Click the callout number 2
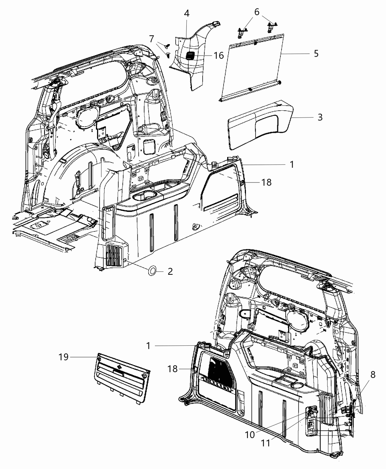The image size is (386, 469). pos(170,272)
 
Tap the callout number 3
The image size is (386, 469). pos(320,117)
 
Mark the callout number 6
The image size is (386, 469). pos(256,11)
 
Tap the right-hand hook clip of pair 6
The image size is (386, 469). pos(272,27)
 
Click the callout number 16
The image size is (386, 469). pos(218,55)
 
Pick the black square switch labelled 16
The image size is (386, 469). pos(191,56)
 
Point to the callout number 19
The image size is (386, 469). pos(64,357)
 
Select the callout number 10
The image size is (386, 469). pos(250,434)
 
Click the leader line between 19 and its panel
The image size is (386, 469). pos(83,357)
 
